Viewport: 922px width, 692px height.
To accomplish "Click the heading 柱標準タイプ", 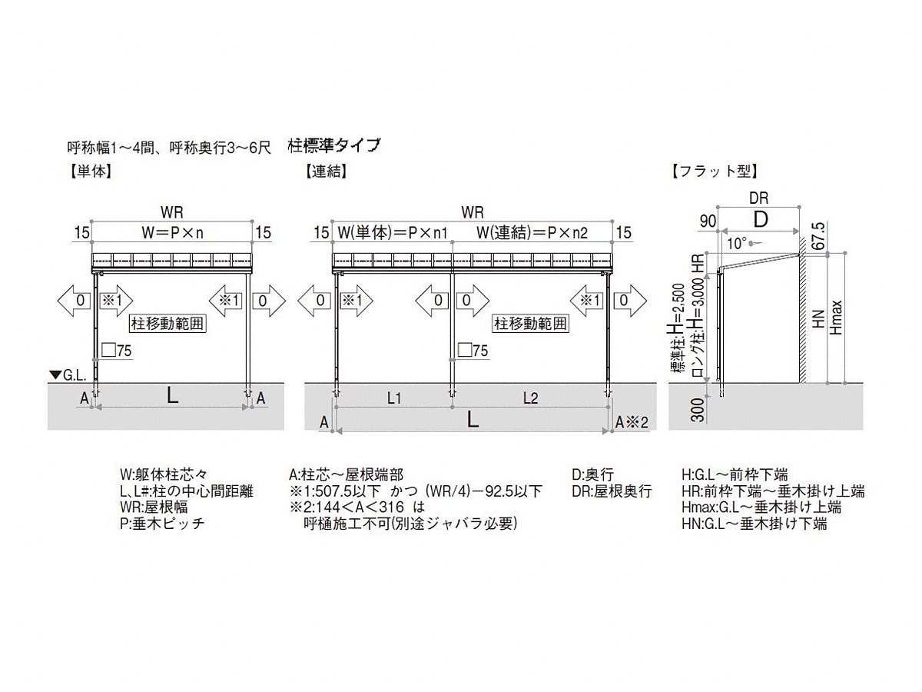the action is (x=334, y=145).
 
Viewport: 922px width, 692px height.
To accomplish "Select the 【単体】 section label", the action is (x=91, y=171).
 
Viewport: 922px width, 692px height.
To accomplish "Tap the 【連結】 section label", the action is (x=326, y=171).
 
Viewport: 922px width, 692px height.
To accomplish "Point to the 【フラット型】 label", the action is (x=714, y=171).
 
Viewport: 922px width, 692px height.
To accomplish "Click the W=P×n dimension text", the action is (x=172, y=232).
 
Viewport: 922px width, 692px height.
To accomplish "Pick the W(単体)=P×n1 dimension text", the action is (x=393, y=232).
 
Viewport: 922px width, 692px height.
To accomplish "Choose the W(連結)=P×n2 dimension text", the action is (x=532, y=232).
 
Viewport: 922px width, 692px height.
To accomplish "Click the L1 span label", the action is (x=394, y=398).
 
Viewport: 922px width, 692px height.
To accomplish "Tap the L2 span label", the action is (x=530, y=398).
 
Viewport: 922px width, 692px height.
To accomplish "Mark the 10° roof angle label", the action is (x=737, y=243).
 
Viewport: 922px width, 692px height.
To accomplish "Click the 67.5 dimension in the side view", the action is (x=819, y=236).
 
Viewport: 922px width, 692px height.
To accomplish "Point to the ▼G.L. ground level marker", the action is (x=68, y=375).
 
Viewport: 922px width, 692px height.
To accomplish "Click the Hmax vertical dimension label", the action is (x=836, y=318).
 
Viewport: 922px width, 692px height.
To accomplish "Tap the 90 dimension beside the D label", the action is (x=708, y=221).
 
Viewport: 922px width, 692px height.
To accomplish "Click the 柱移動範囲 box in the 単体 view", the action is (x=167, y=324).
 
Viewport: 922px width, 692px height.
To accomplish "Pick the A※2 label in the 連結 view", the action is (x=632, y=422).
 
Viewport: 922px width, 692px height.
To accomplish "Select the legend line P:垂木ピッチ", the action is (x=162, y=524).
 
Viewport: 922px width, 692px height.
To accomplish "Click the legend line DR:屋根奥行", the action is (x=612, y=491).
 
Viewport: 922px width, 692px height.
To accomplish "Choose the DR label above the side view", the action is (x=758, y=198).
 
